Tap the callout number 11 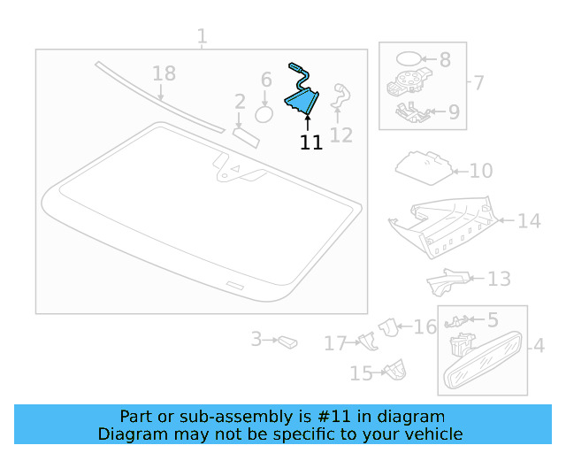(310, 142)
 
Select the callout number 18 (164, 74)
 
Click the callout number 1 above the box (202, 36)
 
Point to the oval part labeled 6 (264, 113)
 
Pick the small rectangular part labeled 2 (244, 134)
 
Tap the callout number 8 (445, 60)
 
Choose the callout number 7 (478, 84)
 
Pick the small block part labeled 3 (287, 341)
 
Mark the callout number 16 (425, 326)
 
